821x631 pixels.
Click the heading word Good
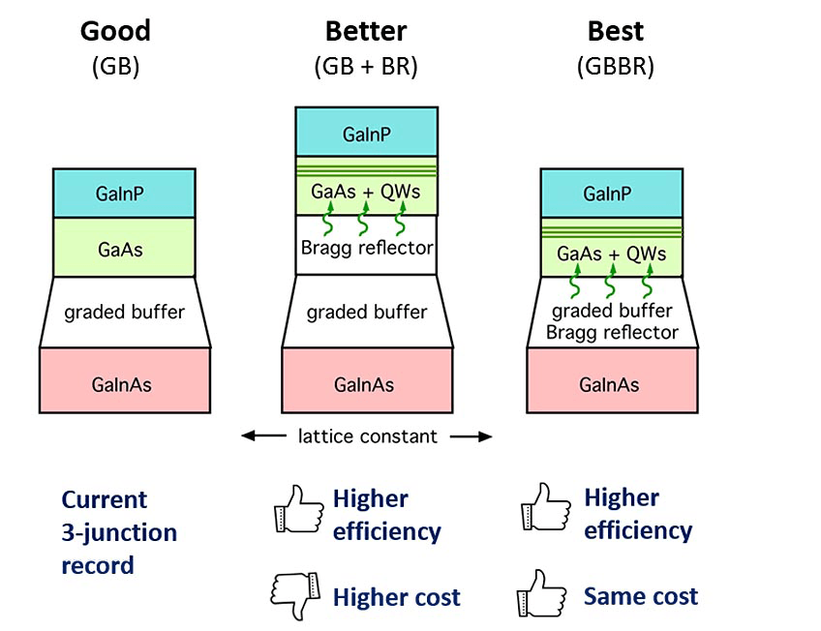pyautogui.click(x=115, y=31)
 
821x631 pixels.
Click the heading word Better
pyautogui.click(x=365, y=31)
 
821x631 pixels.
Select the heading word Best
pyautogui.click(x=616, y=31)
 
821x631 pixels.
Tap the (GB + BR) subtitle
pyautogui.click(x=366, y=68)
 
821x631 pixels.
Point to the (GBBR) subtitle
pyautogui.click(x=616, y=68)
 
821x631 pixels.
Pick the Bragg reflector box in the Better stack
pyautogui.click(x=366, y=248)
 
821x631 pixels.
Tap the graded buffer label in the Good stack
pyautogui.click(x=123, y=312)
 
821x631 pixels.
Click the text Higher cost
pyautogui.click(x=397, y=597)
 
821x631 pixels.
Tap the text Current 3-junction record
pyautogui.click(x=119, y=531)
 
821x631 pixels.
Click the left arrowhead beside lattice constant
pyautogui.click(x=248, y=436)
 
